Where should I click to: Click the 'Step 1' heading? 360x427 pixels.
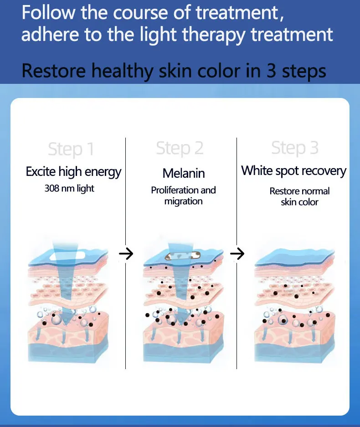tap(71, 149)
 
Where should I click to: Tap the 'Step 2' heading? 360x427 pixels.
tap(180, 148)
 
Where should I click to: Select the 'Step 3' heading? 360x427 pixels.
tap(295, 148)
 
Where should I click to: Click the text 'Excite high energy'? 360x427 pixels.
tap(73, 172)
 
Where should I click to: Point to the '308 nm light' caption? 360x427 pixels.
tap(69, 188)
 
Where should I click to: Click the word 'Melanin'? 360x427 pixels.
tap(184, 173)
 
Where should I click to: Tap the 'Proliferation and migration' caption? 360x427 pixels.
tap(184, 195)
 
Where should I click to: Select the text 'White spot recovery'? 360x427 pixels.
tap(294, 171)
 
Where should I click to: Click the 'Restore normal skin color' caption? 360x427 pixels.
tap(299, 196)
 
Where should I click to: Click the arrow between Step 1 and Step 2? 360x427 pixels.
tap(126, 254)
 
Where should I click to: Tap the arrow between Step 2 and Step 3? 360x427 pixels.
tap(237, 254)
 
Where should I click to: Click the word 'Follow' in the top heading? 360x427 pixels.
tap(48, 13)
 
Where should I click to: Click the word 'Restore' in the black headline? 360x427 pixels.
tap(53, 72)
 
